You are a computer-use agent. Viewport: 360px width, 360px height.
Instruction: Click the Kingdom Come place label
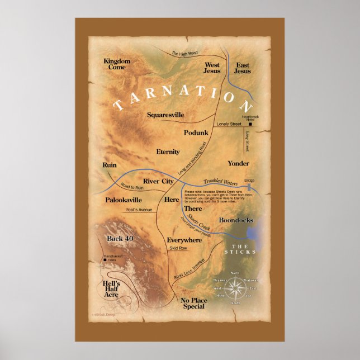click(x=117, y=64)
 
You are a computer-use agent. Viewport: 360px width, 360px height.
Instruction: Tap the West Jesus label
click(x=212, y=68)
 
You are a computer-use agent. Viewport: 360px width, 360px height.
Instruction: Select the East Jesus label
click(x=243, y=68)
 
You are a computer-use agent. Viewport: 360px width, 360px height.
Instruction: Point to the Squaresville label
click(x=165, y=115)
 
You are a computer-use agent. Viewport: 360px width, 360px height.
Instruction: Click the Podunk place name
click(x=196, y=132)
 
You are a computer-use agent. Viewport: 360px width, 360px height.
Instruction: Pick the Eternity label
click(x=168, y=151)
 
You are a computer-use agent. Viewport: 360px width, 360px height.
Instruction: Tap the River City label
click(x=159, y=181)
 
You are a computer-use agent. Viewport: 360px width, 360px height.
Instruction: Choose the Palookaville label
click(x=124, y=200)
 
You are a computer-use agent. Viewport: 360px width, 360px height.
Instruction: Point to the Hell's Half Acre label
click(x=114, y=288)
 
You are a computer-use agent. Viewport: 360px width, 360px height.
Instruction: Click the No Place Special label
click(x=193, y=304)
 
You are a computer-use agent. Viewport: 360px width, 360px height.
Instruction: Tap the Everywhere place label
click(x=184, y=240)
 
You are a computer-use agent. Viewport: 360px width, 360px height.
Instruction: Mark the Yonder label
click(x=238, y=163)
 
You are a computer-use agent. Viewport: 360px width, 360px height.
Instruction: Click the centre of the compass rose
click(x=235, y=288)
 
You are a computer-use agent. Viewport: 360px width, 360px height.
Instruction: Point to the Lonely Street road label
click(x=229, y=124)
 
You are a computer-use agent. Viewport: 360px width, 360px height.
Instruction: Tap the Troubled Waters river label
click(x=220, y=182)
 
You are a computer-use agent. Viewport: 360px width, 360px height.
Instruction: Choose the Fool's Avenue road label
click(x=138, y=210)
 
